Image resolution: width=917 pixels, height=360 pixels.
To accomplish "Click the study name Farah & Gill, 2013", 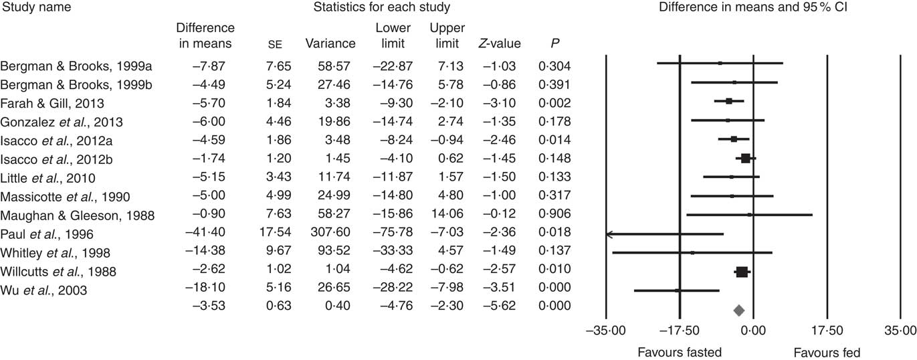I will tap(52, 102).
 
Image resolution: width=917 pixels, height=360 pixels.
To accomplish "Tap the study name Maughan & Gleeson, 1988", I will tap(77, 215).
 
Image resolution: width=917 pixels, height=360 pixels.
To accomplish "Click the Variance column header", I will tap(330, 44).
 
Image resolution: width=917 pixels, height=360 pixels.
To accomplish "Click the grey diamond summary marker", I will tap(738, 310).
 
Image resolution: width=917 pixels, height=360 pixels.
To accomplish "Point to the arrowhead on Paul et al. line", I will tap(609, 234).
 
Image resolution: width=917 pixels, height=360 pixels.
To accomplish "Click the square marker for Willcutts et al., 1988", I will tap(742, 272).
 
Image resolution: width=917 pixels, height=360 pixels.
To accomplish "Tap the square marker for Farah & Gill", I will tap(729, 101).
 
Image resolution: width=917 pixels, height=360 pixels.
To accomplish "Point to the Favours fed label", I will tap(827, 352).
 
